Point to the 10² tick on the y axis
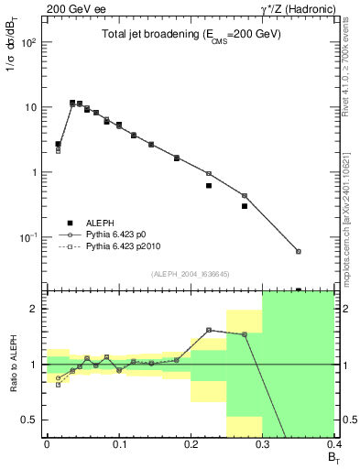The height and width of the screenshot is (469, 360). coord(29,42)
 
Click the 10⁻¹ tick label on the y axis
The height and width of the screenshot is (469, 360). coord(29,237)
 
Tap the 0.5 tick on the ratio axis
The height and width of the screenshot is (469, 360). coord(31,420)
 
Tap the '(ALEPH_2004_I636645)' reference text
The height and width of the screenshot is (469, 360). coord(190,273)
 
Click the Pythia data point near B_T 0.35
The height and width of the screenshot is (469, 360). coord(299,251)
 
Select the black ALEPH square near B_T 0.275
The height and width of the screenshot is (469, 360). coord(245,206)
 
